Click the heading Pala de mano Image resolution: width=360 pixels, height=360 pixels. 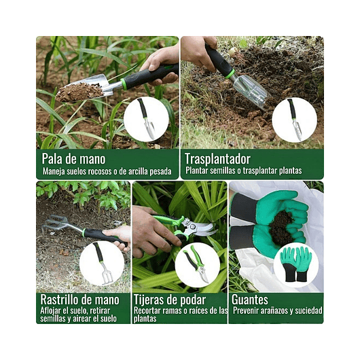tap(75, 158)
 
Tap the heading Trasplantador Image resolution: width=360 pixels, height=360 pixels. tap(217, 158)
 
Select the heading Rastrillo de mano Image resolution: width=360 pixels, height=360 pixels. tap(80, 300)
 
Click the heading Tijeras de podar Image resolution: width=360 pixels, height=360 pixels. tap(170, 300)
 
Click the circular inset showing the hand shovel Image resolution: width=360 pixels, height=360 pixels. tap(145, 119)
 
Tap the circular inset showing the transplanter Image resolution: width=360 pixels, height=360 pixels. tap(294, 120)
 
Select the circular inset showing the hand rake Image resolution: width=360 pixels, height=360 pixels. tap(102, 264)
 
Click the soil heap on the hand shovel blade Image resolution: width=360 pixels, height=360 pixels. tap(78, 91)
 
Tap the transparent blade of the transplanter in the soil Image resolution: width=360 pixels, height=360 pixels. tap(249, 89)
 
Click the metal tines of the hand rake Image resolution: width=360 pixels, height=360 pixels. tap(57, 225)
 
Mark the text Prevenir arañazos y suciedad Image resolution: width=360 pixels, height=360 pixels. tap(277, 311)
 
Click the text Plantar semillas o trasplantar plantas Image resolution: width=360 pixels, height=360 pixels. tap(243, 170)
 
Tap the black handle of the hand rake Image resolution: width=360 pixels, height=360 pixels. tap(102, 235)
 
